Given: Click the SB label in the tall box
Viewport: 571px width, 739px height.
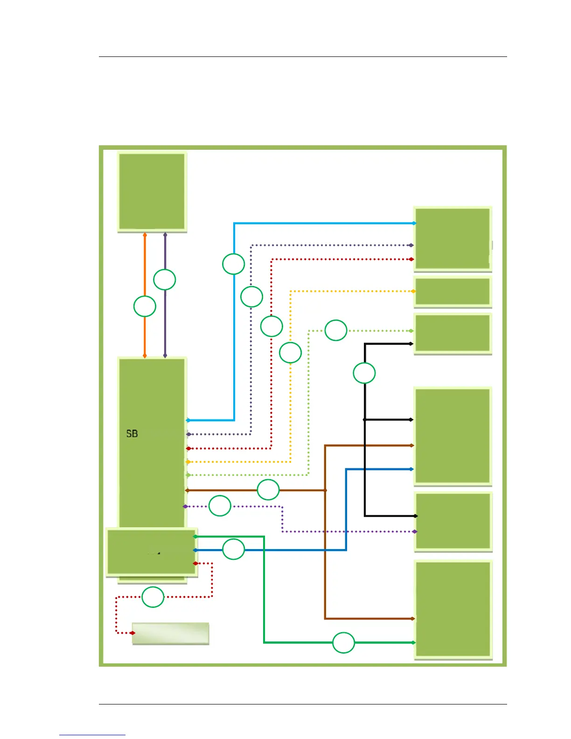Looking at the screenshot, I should coord(132,433).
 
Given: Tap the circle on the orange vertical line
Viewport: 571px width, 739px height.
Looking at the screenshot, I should coord(145,307).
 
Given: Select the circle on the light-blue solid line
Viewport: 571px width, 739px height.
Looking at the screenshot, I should coord(233,264).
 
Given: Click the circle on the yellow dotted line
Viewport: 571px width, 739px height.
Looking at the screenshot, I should coord(290,353).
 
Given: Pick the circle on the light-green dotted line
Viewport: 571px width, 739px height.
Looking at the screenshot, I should coord(336,330).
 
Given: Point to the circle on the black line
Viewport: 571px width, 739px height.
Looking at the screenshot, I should coord(364,373).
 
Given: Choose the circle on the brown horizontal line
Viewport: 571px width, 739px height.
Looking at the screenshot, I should coord(268,490).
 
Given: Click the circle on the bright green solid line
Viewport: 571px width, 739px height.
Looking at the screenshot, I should coord(343,642).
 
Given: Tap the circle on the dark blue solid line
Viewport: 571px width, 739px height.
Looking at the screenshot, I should coord(233,550).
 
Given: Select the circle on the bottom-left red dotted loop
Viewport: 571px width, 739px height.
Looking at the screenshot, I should coord(153,597).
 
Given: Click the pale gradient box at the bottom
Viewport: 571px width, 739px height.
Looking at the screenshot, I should coord(170,633).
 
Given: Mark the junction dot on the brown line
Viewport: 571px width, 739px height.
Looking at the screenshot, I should coord(325,490).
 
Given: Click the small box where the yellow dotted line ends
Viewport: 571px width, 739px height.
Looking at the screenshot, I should coord(453,292).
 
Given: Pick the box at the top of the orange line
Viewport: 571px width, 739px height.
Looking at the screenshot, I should coord(152,192).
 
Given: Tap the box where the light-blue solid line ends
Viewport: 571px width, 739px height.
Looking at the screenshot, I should coord(453,238).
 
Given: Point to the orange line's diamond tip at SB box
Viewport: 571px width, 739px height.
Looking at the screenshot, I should coord(145,356).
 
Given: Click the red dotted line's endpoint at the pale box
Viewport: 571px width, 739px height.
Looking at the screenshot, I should coord(132,633).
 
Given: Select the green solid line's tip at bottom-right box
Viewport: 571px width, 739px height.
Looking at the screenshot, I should coord(413,642).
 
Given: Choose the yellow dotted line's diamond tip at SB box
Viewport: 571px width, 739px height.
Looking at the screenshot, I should coord(188,462).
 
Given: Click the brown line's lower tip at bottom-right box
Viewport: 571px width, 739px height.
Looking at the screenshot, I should coord(413,619).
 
